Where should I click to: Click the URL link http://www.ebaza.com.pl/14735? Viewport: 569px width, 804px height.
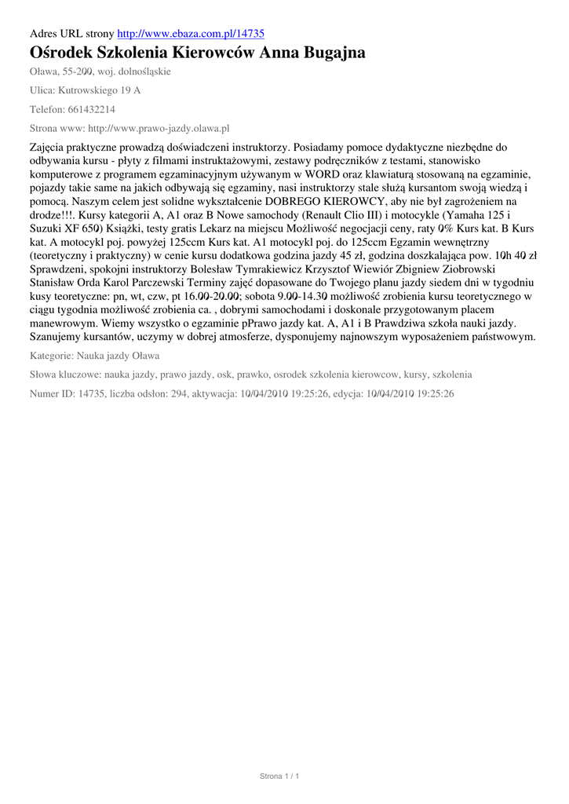(190, 34)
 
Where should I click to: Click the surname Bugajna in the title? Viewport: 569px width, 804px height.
(327, 53)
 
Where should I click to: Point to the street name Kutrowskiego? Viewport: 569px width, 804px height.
(89, 90)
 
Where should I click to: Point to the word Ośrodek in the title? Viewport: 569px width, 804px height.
(62, 53)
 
